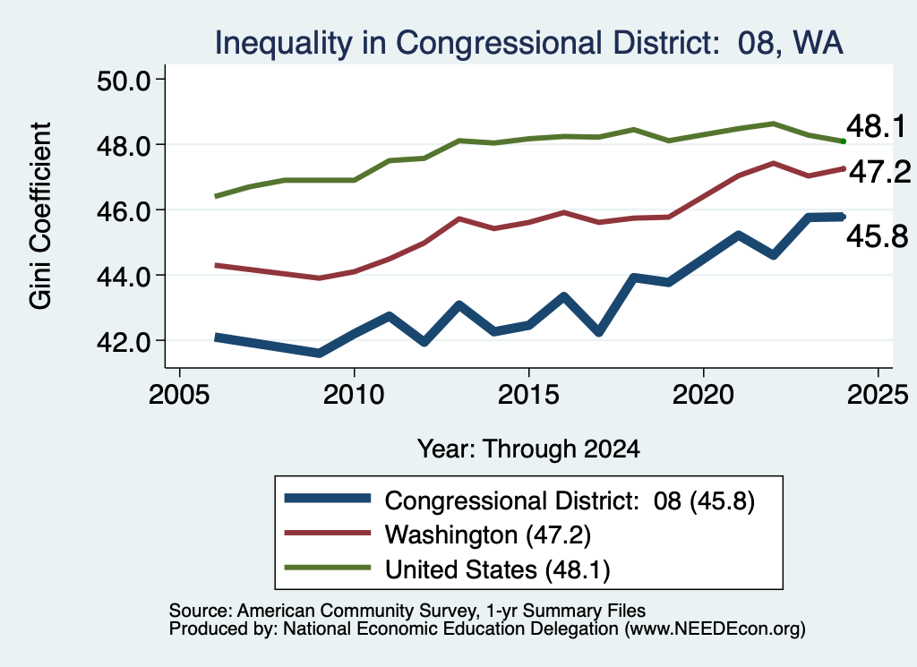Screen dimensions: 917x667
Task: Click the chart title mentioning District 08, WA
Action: [528, 43]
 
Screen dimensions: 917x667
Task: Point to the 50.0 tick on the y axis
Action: [124, 80]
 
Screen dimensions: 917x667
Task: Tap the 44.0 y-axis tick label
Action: [124, 276]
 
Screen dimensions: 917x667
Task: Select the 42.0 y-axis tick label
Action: [124, 341]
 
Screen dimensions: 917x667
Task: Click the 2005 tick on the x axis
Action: [179, 395]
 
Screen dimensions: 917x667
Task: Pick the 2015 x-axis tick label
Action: [528, 395]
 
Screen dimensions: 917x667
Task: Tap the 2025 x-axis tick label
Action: [878, 395]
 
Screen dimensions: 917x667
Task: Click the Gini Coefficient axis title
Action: [40, 215]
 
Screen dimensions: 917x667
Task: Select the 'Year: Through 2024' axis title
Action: [528, 449]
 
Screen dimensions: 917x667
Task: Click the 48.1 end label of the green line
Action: [876, 126]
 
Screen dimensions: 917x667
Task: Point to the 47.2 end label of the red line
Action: [879, 172]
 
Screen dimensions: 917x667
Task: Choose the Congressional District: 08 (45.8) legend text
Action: [570, 501]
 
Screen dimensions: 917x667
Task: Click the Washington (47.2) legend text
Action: [488, 534]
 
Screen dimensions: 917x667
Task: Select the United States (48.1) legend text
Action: [497, 569]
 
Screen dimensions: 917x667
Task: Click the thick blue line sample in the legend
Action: [328, 498]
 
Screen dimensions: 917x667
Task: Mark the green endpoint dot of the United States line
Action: [843, 141]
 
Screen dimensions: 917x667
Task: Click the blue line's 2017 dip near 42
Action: [598, 332]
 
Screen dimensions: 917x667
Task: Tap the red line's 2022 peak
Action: [773, 163]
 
